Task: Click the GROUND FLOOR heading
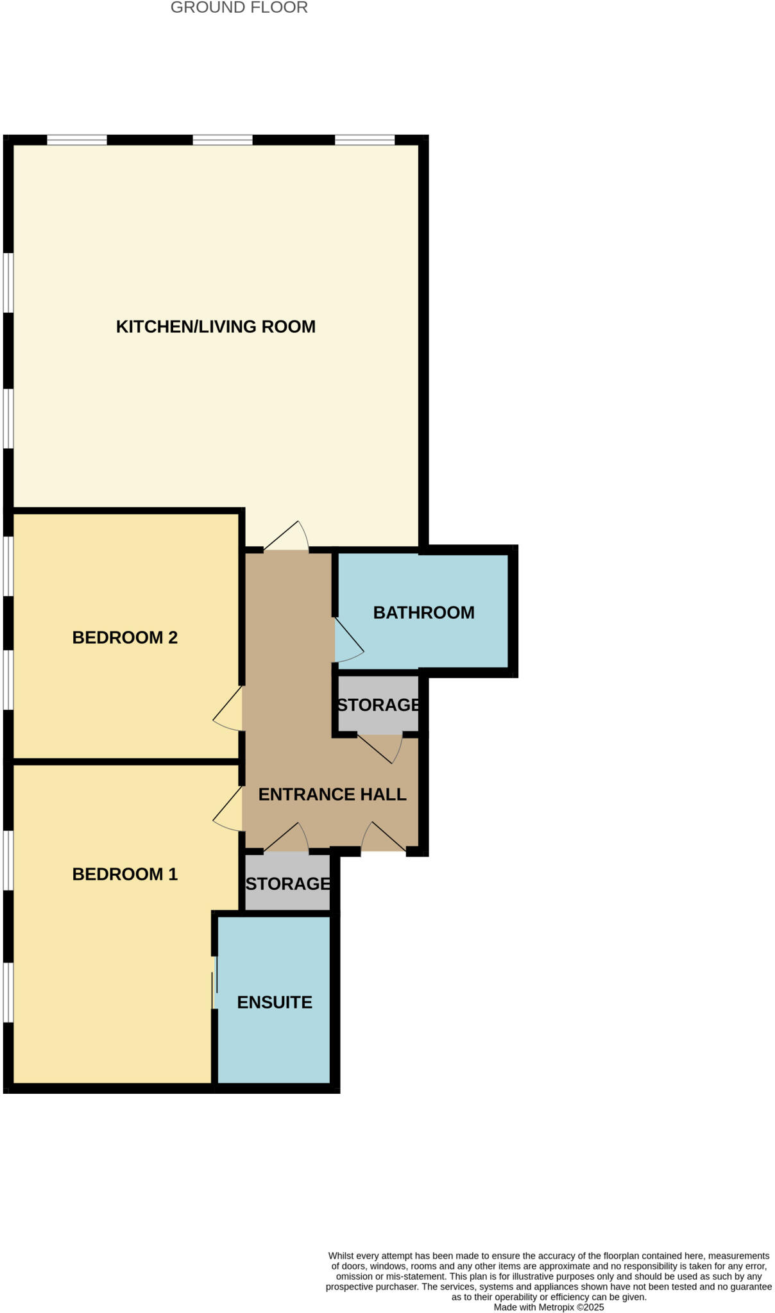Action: (x=239, y=8)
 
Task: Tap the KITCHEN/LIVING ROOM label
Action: (x=216, y=327)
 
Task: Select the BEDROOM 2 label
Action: (x=124, y=638)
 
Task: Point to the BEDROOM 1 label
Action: (x=124, y=874)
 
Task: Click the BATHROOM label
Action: (x=423, y=613)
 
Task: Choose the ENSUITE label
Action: (x=275, y=1003)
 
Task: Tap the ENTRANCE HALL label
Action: (x=332, y=795)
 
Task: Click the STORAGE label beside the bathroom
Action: (x=379, y=705)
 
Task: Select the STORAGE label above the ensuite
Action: (x=288, y=884)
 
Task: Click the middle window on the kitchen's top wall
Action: (x=223, y=140)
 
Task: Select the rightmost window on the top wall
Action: (x=364, y=140)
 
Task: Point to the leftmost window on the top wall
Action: (x=77, y=140)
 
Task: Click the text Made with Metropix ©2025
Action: (x=549, y=1307)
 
